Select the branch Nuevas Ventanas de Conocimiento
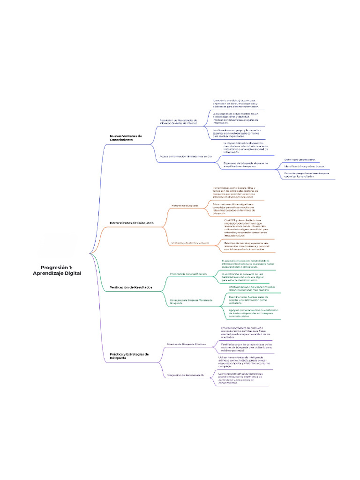(126, 138)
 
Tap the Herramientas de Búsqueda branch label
(131, 223)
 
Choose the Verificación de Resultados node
(131, 287)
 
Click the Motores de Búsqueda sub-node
(185, 205)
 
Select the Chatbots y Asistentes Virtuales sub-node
(190, 243)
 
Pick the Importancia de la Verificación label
(188, 273)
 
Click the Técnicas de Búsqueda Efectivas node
(187, 344)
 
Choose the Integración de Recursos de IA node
(186, 375)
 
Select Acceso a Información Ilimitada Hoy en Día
(186, 156)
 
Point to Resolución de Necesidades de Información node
(185, 121)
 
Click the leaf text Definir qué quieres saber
(300, 159)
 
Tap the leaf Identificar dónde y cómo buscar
(304, 166)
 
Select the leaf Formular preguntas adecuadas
(307, 174)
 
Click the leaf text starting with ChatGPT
(246, 227)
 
